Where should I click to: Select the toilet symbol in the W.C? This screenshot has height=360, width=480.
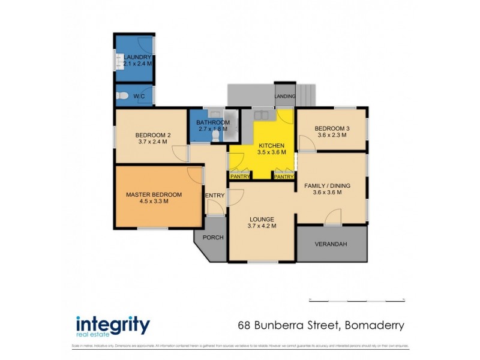tap(122, 95)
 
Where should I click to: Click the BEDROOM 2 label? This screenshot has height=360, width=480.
tap(154, 135)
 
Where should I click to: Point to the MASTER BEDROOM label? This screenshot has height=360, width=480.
tap(154, 194)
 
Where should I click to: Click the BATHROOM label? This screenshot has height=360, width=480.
tap(213, 122)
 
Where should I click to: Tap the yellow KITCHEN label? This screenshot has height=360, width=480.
tap(271, 146)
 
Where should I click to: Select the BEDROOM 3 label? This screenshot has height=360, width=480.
tap(332, 128)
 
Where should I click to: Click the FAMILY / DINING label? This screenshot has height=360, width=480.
tap(327, 185)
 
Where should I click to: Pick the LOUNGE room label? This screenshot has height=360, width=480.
tap(262, 219)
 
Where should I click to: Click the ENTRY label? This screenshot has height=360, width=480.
tap(215, 196)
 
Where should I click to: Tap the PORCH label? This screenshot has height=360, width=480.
tap(213, 238)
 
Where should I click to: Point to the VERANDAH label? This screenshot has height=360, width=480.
tap(332, 244)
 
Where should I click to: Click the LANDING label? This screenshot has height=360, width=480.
tap(285, 96)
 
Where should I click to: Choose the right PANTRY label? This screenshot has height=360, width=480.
tap(284, 177)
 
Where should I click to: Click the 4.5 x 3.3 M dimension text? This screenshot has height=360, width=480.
tap(154, 202)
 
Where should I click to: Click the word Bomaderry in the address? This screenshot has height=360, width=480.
tap(373, 325)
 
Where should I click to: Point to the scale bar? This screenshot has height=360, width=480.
tap(356, 299)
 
